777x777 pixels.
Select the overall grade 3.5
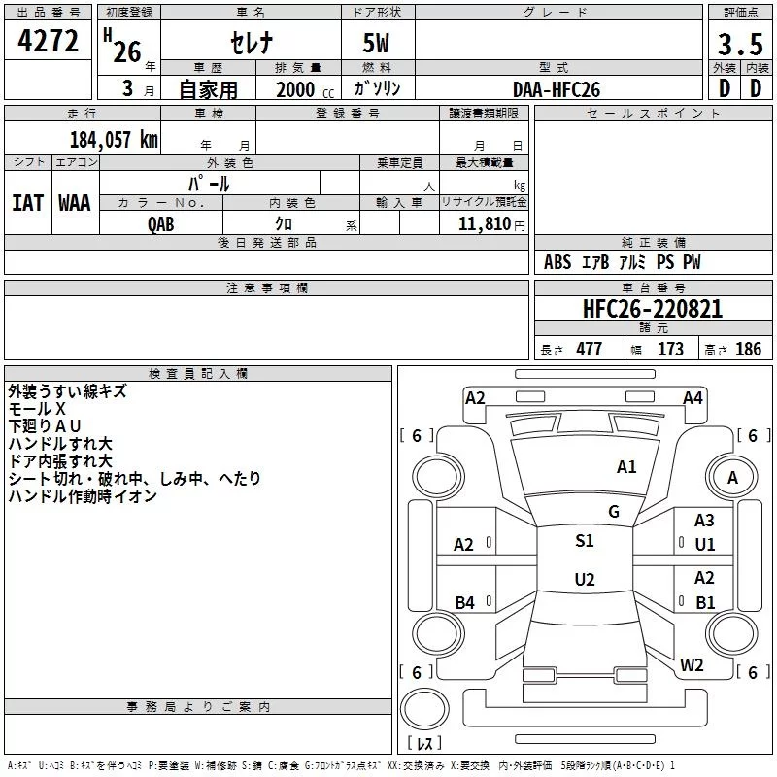740,45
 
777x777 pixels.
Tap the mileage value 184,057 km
114,140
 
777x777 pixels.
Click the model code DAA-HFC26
557,89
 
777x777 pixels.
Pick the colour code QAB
161,223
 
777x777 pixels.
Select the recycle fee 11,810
482,223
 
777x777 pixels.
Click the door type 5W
377,45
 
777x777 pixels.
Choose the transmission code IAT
27,202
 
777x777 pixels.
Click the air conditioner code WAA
74,202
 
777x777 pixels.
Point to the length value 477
589,350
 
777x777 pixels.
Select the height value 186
748,350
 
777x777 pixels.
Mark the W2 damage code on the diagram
692,665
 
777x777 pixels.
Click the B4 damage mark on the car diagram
464,603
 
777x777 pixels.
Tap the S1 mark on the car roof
585,541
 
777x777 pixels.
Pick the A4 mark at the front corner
693,397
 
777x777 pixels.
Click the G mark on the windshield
614,512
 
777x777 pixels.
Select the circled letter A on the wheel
733,477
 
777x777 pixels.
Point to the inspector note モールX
37,409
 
